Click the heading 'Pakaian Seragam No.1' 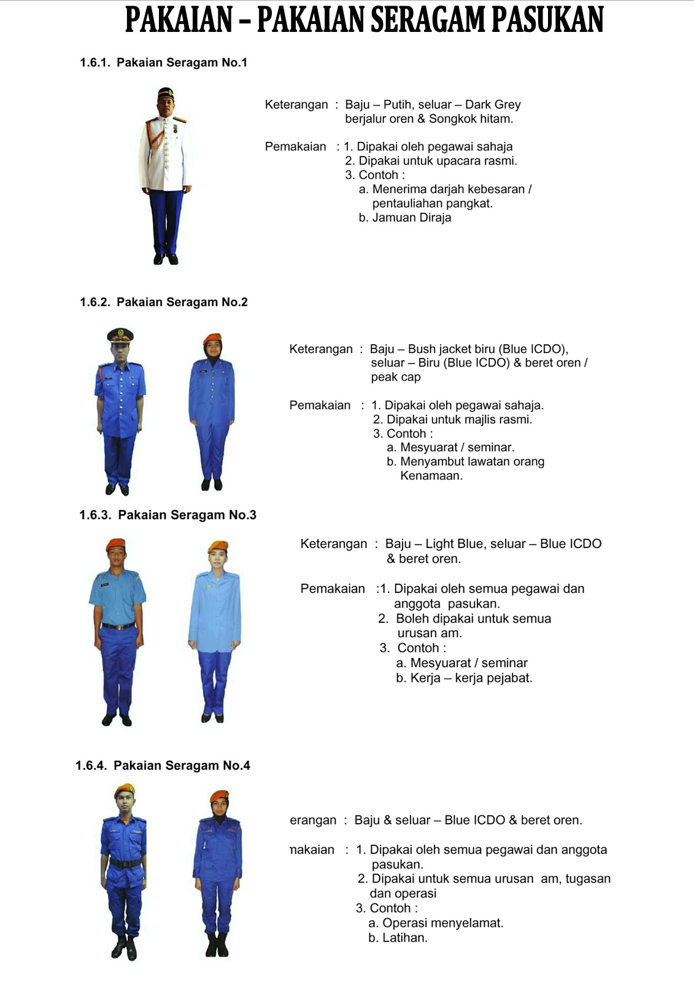pos(182,63)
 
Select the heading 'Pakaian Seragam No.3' pos(187,515)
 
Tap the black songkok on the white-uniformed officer pos(166,93)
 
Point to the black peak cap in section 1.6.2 pos(120,334)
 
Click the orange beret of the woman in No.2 pos(212,338)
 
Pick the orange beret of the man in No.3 pos(115,544)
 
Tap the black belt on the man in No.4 pos(125,863)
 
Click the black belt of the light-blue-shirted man pos(118,626)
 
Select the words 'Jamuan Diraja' pos(412,218)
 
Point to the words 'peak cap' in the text pos(396,377)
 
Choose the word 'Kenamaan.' pos(431,476)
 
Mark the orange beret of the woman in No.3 pos(218,546)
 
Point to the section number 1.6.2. pos(94,302)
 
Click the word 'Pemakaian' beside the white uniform pos(295,147)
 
